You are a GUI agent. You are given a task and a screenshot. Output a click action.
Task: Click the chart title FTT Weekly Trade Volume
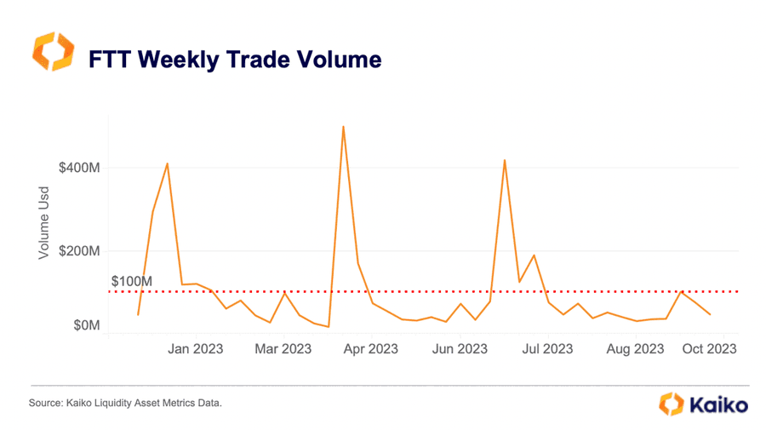pyautogui.click(x=235, y=60)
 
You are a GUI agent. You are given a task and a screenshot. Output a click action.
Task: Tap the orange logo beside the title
pyautogui.click(x=54, y=51)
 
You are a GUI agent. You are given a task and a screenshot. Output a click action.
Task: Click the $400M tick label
pyautogui.click(x=79, y=168)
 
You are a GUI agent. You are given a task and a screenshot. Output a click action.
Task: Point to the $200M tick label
pyautogui.click(x=79, y=251)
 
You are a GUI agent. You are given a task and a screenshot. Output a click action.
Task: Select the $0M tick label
pyautogui.click(x=87, y=325)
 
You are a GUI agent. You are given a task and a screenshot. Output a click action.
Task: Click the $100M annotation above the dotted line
pyautogui.click(x=132, y=282)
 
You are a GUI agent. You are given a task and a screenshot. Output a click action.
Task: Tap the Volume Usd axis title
pyautogui.click(x=44, y=223)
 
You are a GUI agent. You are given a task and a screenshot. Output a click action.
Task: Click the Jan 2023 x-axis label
pyautogui.click(x=196, y=349)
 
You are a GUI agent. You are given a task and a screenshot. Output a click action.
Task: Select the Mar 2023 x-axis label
pyautogui.click(x=283, y=349)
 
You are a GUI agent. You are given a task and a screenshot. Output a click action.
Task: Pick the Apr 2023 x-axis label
pyautogui.click(x=371, y=349)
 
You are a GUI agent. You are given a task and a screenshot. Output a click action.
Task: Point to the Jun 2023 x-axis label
pyautogui.click(x=460, y=349)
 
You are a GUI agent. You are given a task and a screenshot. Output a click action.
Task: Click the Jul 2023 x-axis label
pyautogui.click(x=547, y=349)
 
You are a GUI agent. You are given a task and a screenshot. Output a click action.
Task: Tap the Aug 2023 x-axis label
pyautogui.click(x=635, y=349)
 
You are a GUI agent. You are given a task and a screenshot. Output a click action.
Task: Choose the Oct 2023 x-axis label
pyautogui.click(x=709, y=349)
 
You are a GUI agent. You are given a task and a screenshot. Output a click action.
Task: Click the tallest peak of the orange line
pyautogui.click(x=344, y=127)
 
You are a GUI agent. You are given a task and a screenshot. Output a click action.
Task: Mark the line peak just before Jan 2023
pyautogui.click(x=167, y=163)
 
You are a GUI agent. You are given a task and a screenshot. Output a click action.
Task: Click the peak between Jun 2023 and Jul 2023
pyautogui.click(x=505, y=160)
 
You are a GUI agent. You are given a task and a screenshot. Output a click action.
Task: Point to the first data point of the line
pyautogui.click(x=138, y=315)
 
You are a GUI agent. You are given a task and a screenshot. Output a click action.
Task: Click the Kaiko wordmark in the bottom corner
pyautogui.click(x=718, y=405)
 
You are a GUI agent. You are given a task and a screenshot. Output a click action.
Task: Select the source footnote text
pyautogui.click(x=125, y=403)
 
